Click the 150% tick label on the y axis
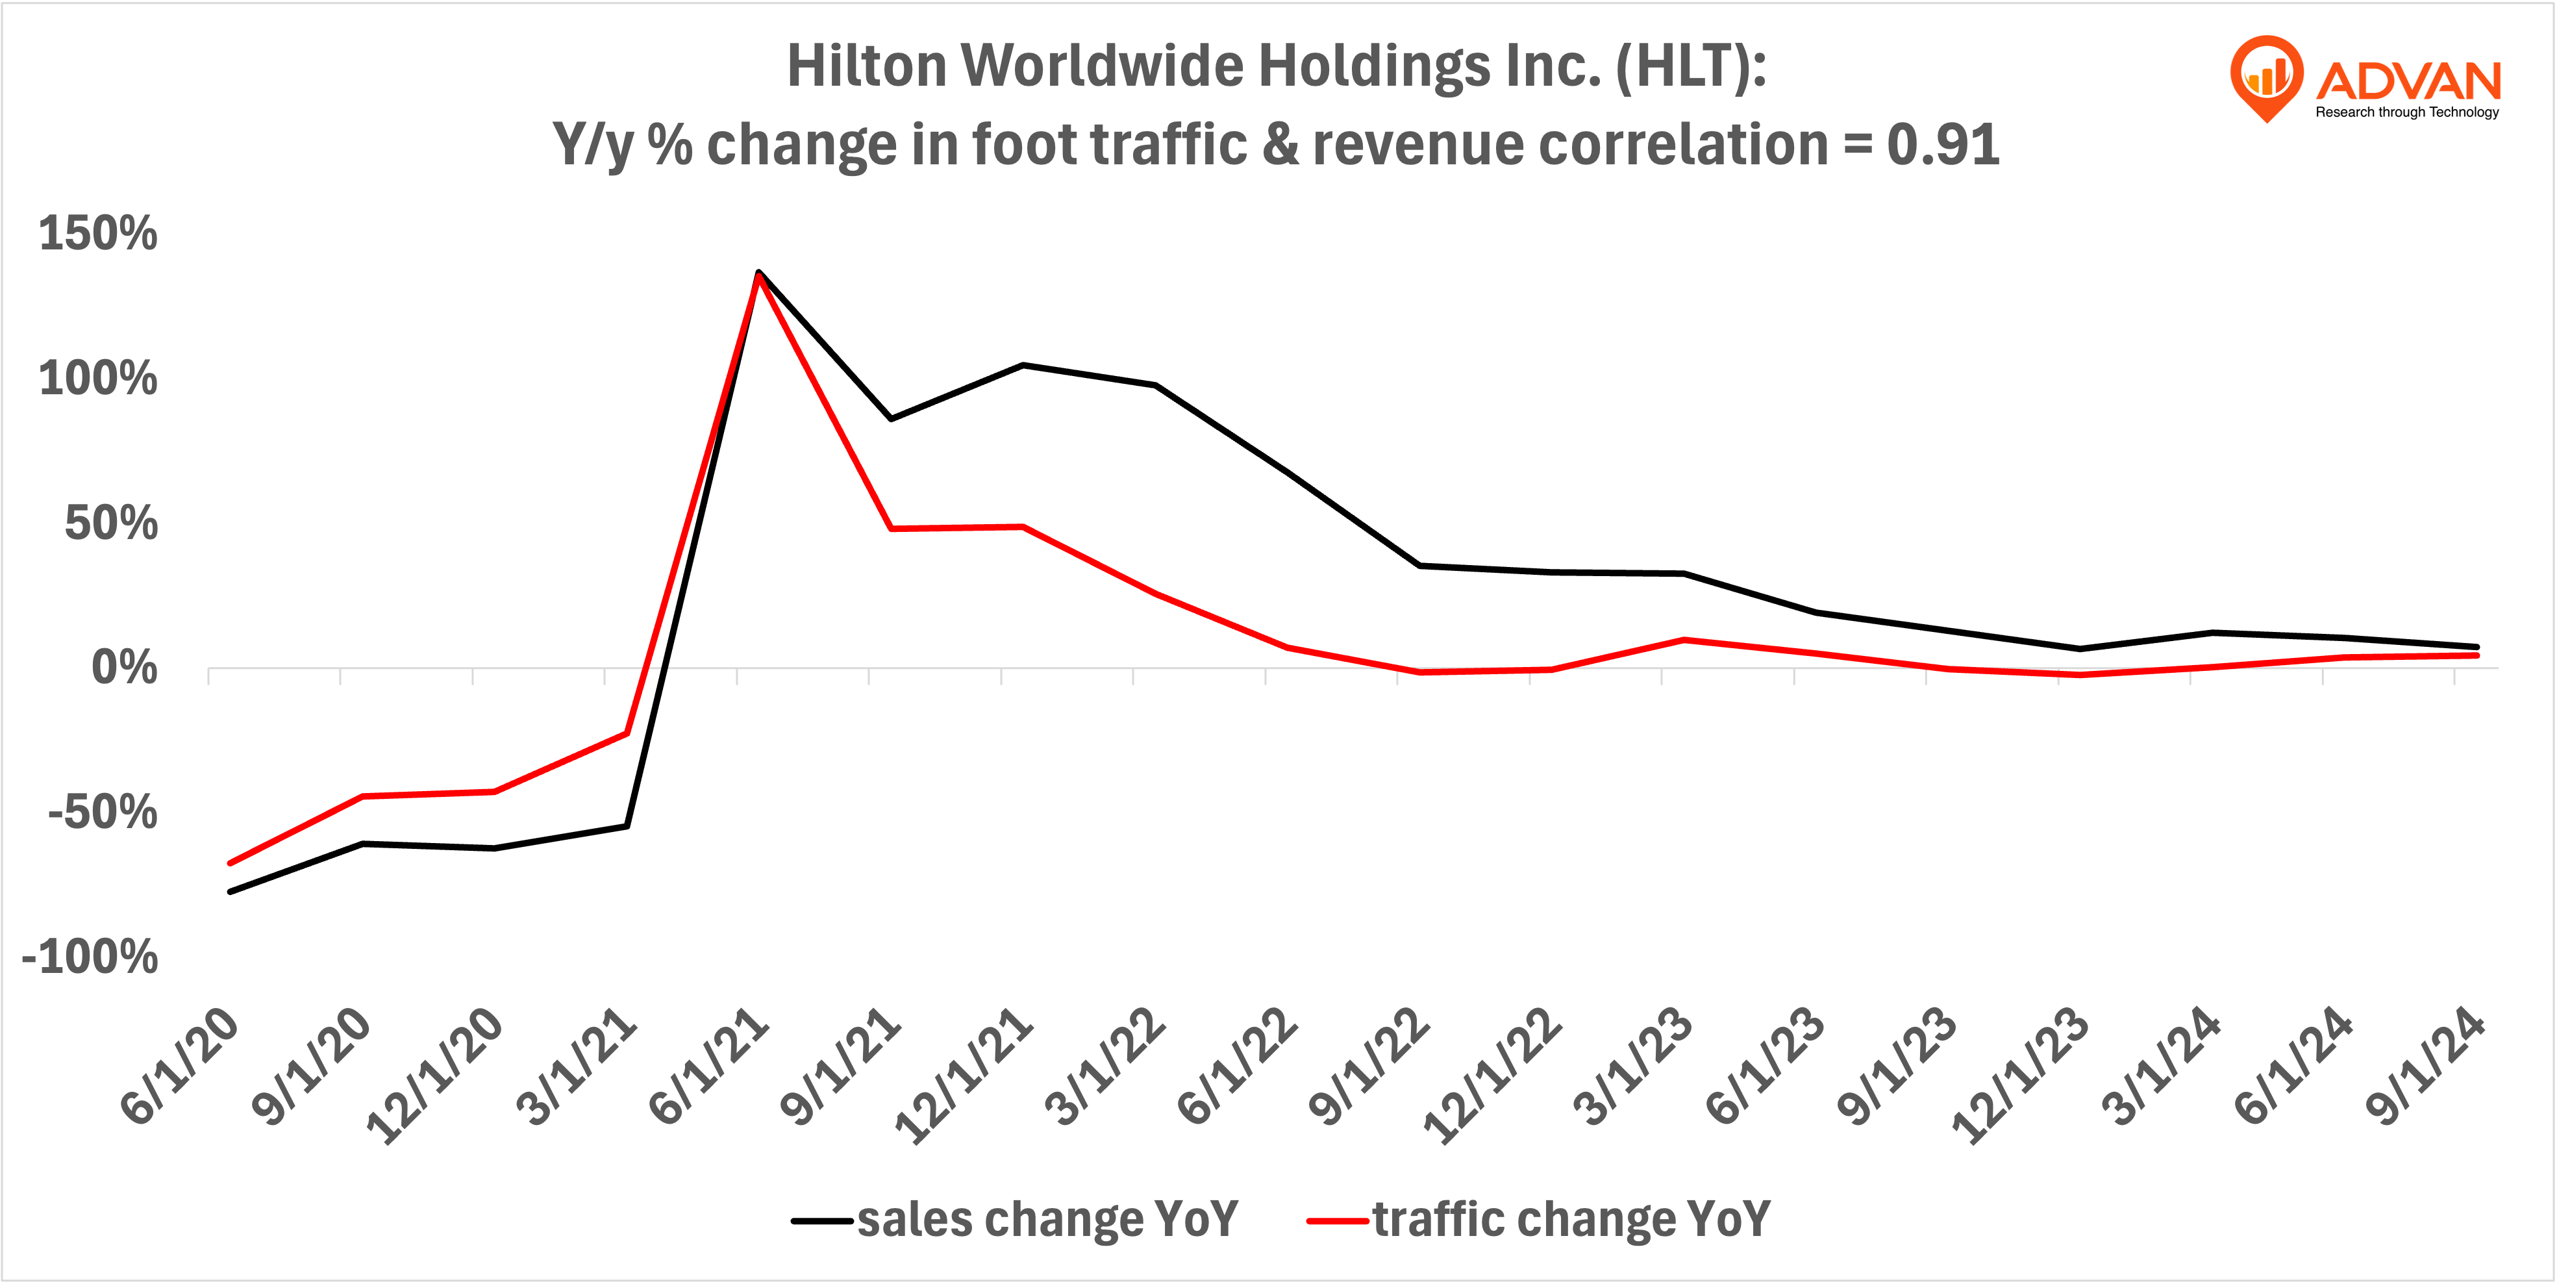pos(97,234)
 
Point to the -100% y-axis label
pos(90,958)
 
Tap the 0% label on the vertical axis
pos(124,668)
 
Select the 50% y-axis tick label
pos(110,523)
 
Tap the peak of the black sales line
pos(758,271)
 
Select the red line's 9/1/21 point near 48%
pos(891,529)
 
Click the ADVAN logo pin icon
pos(2266,75)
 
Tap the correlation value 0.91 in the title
pos(1942,145)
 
